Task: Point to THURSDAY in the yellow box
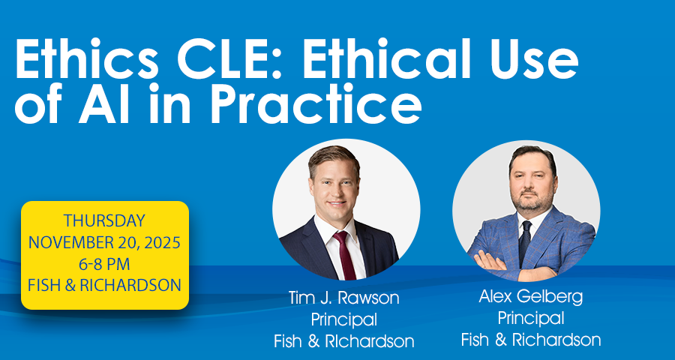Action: click(x=104, y=221)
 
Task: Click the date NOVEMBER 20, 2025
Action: click(x=104, y=242)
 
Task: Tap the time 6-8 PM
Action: click(x=104, y=264)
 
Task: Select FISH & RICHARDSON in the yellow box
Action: click(x=104, y=286)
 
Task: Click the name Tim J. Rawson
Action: click(x=344, y=298)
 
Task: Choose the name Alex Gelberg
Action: click(x=531, y=297)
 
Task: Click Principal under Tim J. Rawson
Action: click(x=344, y=320)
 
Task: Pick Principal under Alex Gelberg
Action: click(x=531, y=319)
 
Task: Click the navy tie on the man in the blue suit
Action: click(x=525, y=241)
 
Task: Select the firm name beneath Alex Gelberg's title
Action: click(x=531, y=340)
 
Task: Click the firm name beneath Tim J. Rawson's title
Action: click(x=344, y=342)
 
